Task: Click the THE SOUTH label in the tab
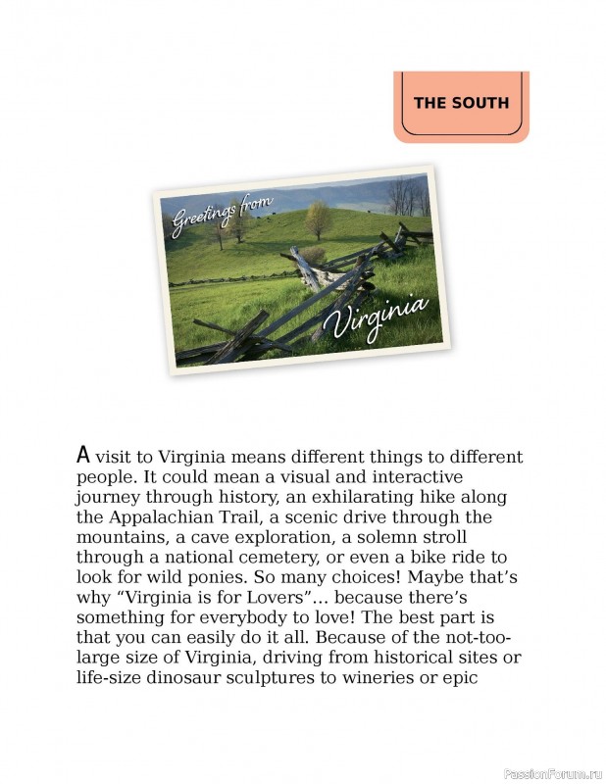tap(461, 102)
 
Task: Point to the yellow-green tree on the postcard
tap(318, 220)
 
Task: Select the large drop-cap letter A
tap(83, 455)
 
